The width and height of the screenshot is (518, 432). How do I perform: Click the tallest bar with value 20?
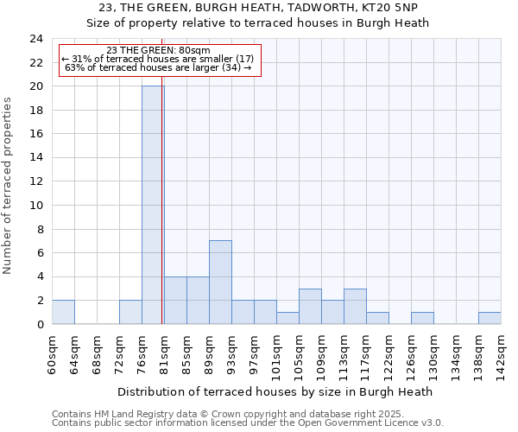coord(153,205)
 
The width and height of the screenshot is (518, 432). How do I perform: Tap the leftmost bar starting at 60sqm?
coord(63,312)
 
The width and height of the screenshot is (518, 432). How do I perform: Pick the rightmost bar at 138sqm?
coord(490,318)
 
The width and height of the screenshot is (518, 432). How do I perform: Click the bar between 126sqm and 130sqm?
coord(422,318)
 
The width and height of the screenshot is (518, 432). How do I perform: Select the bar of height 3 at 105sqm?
coord(310,306)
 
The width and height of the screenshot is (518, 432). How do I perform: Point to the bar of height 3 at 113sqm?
coord(355,306)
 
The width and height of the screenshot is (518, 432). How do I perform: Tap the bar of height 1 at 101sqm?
coord(287,318)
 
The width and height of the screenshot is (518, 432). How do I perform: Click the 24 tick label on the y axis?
coord(35,39)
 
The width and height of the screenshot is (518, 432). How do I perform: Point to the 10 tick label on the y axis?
coord(35,206)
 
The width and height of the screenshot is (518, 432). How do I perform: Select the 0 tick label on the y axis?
coord(39,325)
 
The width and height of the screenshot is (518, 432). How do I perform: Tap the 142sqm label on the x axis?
coord(501,354)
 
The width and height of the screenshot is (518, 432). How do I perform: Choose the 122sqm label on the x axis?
coord(388,354)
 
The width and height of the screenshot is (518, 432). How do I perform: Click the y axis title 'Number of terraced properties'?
coord(9,186)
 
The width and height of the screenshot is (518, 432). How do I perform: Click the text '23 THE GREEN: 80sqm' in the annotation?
coord(158,50)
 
